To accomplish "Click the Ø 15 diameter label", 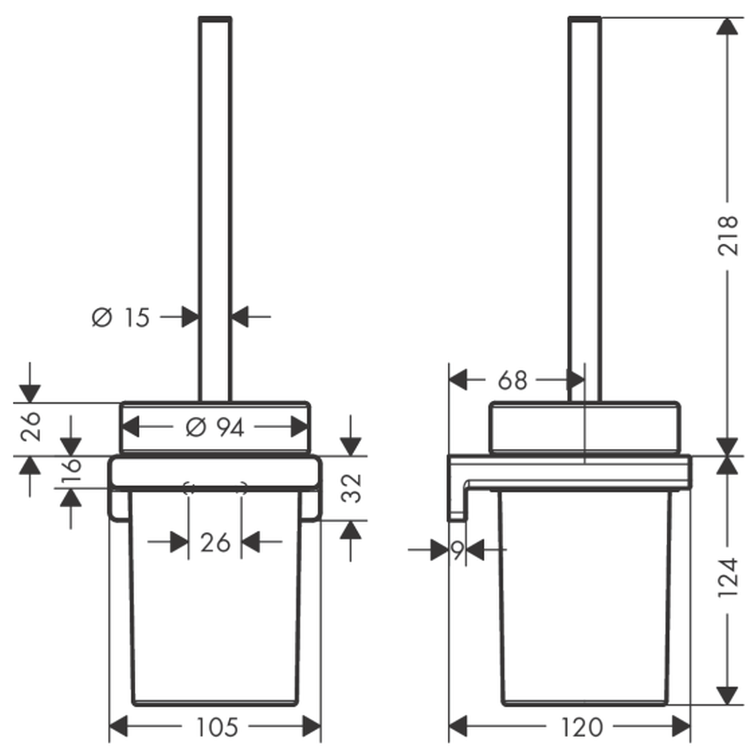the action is tap(121, 317).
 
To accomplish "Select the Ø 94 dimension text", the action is tap(214, 427).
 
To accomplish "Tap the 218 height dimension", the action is tap(728, 236).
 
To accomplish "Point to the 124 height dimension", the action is tap(728, 578).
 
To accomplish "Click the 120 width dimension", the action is tap(581, 726).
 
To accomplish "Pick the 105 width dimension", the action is tap(217, 726).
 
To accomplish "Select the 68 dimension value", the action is tap(513, 381).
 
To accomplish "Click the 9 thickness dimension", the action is tap(457, 550).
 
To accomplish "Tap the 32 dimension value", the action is tap(351, 488).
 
